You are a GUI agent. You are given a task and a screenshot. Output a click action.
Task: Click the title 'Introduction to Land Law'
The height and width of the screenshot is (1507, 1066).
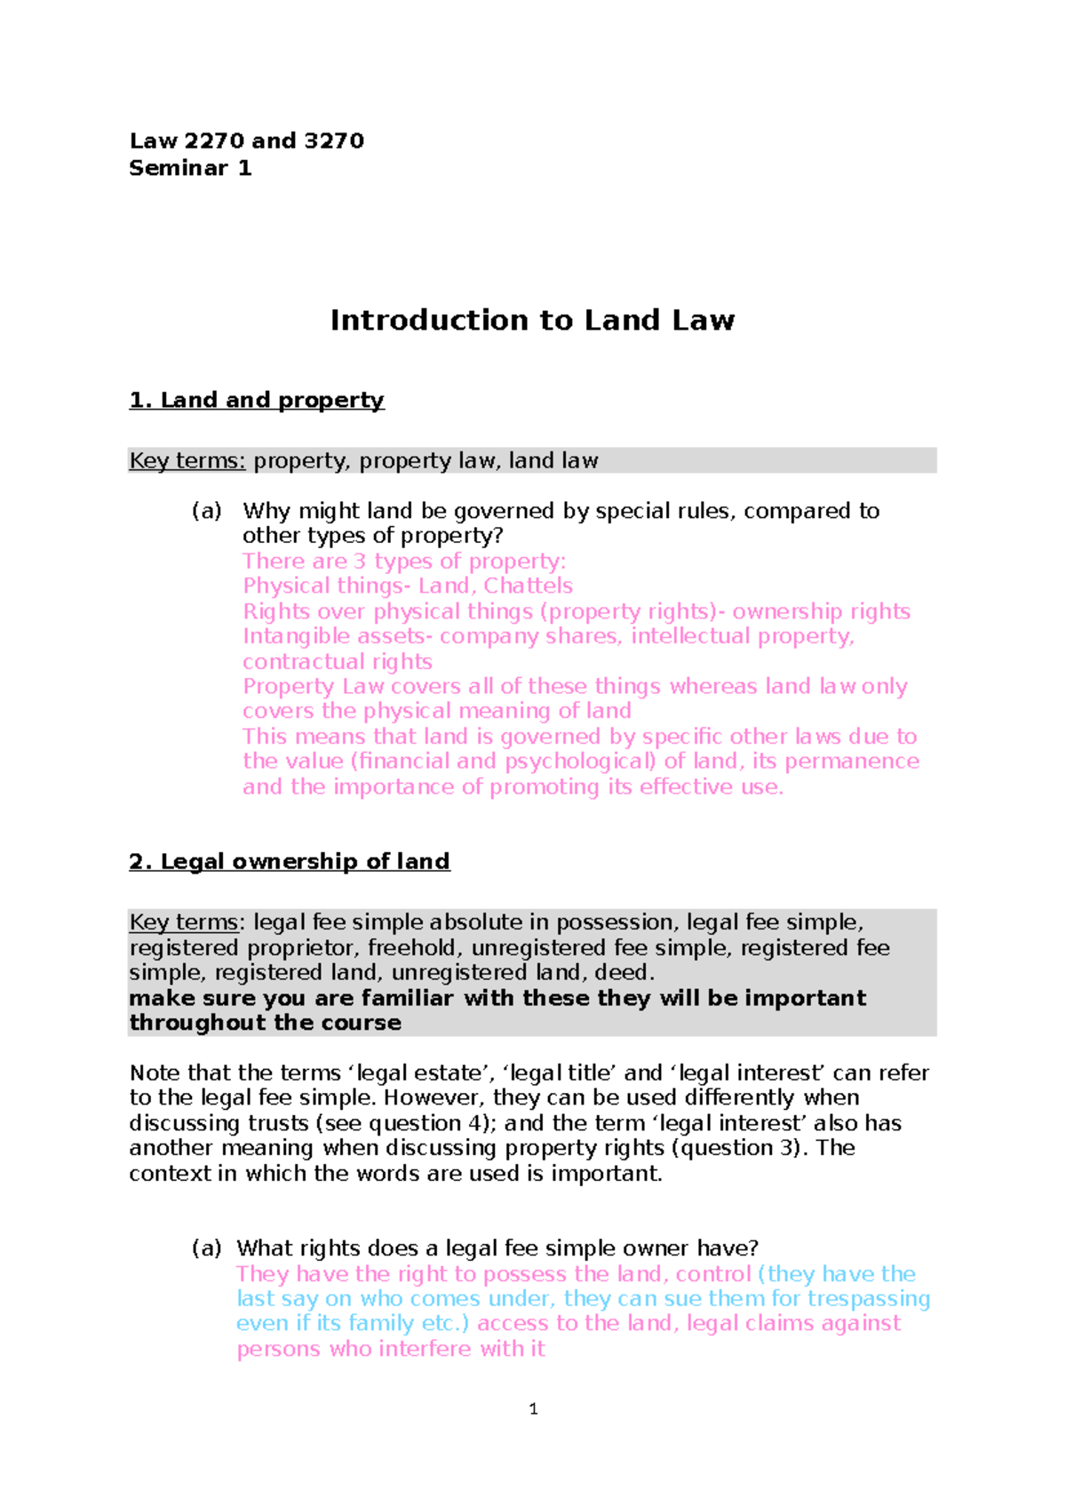coord(532,320)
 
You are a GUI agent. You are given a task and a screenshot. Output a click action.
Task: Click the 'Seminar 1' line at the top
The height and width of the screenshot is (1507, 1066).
coord(190,168)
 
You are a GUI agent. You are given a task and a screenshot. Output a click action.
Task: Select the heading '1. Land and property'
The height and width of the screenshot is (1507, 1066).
coord(257,400)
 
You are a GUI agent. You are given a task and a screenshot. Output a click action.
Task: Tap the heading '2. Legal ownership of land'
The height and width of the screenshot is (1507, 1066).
coord(290,861)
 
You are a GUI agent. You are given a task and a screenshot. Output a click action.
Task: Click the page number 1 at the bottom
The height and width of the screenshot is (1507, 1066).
coord(533,1408)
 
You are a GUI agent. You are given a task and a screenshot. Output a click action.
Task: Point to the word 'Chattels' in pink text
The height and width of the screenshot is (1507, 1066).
coord(528,586)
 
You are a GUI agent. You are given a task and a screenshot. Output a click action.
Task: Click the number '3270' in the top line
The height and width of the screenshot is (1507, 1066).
coord(334,141)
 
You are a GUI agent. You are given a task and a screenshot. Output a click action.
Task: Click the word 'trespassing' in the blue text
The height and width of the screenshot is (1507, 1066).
coord(869,1299)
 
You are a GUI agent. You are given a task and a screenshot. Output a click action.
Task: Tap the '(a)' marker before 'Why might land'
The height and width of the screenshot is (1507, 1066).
coord(206,511)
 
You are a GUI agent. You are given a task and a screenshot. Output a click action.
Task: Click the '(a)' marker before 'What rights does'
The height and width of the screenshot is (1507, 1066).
coord(206,1248)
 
